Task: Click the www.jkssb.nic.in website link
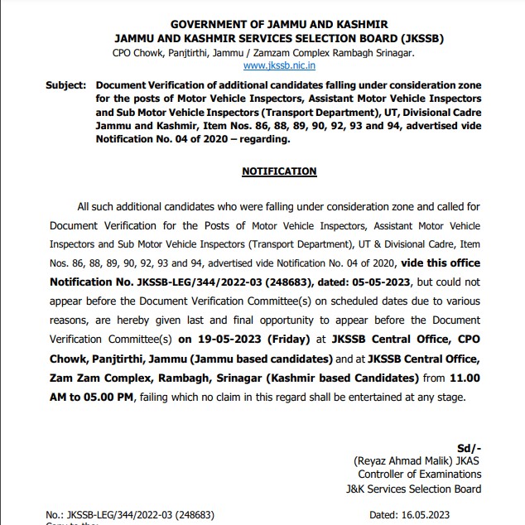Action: coord(279,65)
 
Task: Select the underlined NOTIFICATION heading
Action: coord(279,171)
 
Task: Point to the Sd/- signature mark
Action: coord(469,448)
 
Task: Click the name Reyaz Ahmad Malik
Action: coord(402,461)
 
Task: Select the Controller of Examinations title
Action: coord(419,474)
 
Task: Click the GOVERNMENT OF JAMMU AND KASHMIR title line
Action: coord(279,25)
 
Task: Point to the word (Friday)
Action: coord(282,339)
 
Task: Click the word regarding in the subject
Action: coord(268,138)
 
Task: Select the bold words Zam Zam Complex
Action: coord(95,378)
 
